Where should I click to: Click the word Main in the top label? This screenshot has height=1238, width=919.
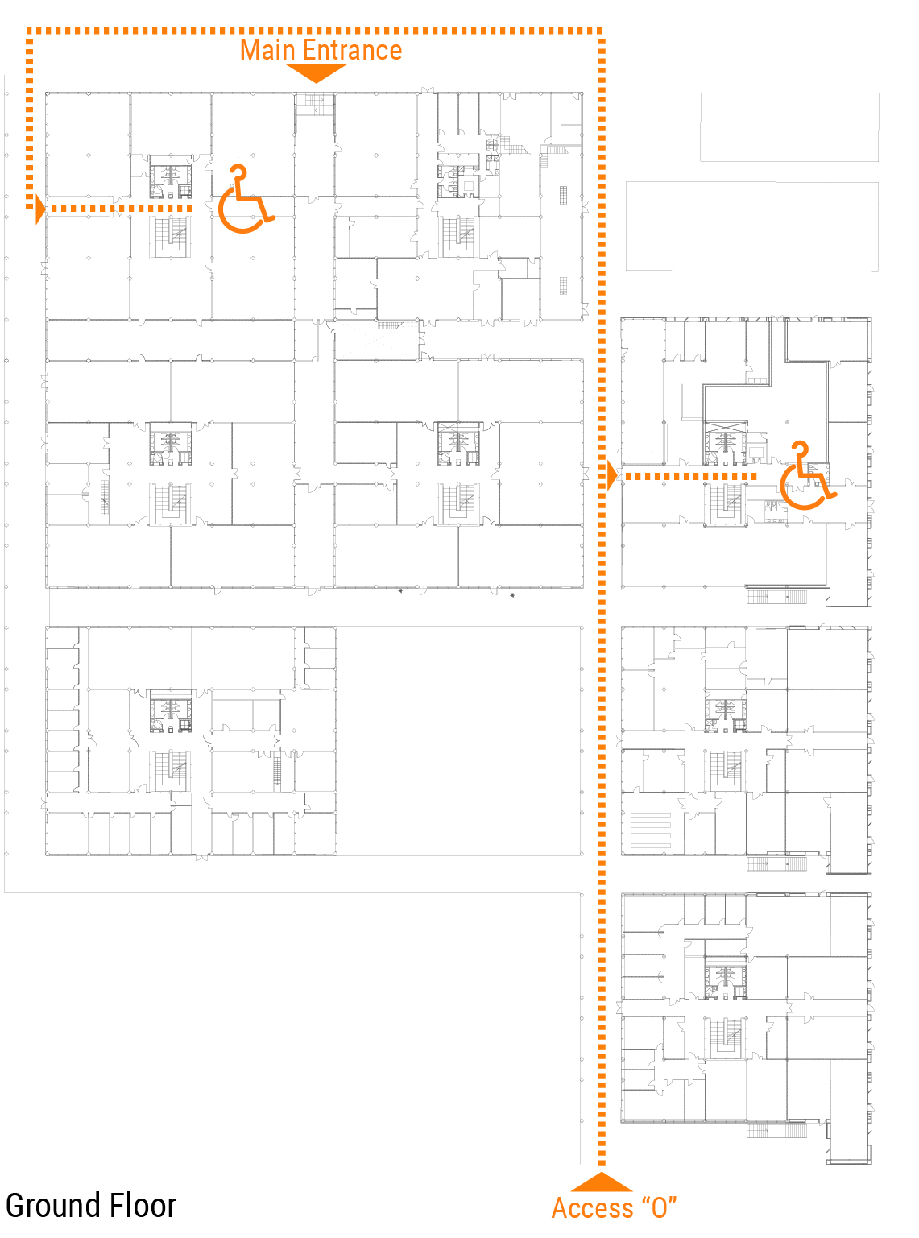pos(267,50)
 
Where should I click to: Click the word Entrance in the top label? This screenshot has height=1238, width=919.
pos(352,50)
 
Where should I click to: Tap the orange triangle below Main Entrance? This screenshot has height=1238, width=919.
pos(316,72)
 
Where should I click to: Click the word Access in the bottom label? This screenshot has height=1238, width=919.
pos(592,1208)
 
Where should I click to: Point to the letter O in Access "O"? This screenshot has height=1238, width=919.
pos(659,1208)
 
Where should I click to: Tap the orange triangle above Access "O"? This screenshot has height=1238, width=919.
pos(602,1182)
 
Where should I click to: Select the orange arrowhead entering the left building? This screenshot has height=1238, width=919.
pos(40,209)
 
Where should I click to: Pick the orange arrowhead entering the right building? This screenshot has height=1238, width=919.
pos(612,476)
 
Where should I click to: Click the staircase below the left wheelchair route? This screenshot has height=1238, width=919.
pos(171,237)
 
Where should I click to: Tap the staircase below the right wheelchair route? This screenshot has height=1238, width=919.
pos(725,503)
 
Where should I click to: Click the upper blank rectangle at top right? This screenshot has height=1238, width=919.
pos(789,127)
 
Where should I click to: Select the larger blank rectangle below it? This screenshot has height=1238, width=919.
pos(751,226)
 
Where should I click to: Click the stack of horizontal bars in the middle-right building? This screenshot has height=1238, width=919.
pos(651,830)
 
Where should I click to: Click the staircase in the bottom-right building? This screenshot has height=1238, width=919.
pos(725,1037)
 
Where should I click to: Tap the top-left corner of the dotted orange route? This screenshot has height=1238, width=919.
pos(30,31)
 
